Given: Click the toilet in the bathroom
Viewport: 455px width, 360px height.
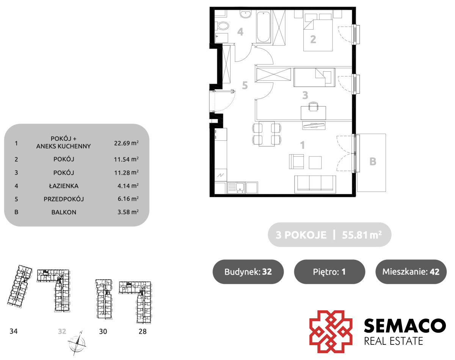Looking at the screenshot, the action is [222, 26].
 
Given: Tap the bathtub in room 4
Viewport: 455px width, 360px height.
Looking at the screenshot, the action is [264, 27].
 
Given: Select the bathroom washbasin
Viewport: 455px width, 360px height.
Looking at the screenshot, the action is [245, 14].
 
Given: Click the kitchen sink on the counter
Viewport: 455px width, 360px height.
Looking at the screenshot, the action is [236, 188].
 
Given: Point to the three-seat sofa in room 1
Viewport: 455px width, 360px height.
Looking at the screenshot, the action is [315, 184].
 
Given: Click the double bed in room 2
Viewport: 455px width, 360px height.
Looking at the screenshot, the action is [318, 31].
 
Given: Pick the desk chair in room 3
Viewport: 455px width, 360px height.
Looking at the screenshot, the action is [313, 106].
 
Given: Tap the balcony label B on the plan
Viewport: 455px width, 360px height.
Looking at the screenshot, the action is [373, 162].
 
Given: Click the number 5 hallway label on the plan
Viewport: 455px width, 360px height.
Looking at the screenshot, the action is [245, 85].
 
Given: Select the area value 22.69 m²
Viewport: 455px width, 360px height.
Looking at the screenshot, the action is [126, 143].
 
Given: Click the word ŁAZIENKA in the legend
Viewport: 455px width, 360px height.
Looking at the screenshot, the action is [64, 186].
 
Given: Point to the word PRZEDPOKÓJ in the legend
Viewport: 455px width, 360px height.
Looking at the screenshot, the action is [64, 199].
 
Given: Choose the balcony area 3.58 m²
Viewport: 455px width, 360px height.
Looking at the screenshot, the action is [128, 212].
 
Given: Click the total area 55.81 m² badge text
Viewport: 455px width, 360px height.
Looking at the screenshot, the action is [362, 235].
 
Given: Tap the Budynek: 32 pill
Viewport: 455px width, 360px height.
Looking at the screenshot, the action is [248, 272].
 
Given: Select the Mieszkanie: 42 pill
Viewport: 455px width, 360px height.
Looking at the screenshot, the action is [411, 272].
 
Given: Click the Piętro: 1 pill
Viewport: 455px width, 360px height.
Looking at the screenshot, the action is [329, 272].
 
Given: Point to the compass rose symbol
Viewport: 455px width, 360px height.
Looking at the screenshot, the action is [77, 343].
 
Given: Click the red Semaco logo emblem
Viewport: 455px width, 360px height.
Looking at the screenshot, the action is [331, 332].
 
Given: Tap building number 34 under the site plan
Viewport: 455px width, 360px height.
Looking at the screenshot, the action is [14, 331].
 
